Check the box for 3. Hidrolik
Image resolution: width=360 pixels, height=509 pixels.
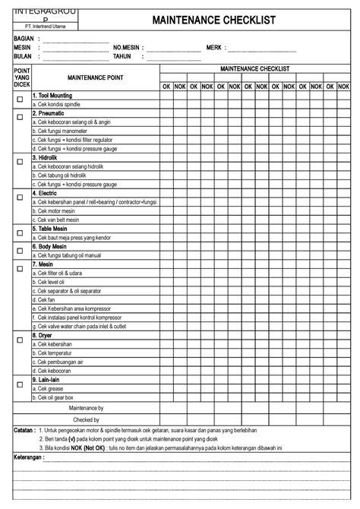[20, 162]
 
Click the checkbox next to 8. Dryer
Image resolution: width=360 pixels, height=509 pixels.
[20, 340]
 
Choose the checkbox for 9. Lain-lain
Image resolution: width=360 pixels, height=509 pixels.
[20, 384]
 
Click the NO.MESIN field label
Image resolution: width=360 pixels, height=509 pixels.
[128, 47]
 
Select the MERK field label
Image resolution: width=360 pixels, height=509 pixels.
[214, 47]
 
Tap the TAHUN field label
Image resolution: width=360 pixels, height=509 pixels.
[123, 56]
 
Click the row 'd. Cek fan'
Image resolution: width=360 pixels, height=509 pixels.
[48, 299]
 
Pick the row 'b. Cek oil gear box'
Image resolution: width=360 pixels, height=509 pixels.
[56, 397]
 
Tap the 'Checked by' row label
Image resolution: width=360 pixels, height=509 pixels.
[87, 419]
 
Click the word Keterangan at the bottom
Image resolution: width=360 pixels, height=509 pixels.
[30, 459]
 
